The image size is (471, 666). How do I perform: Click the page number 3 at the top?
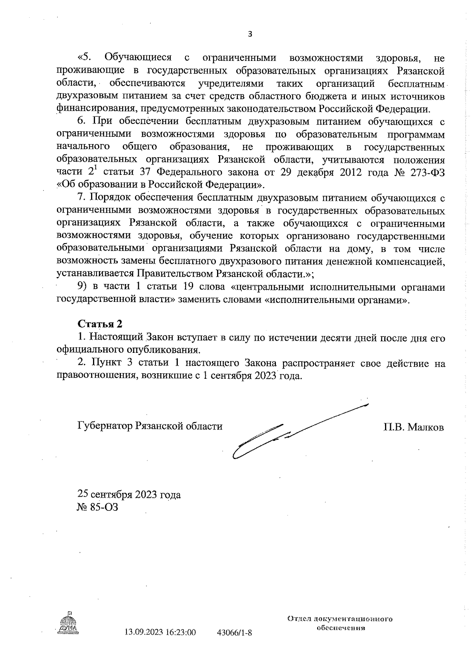(x=250, y=34)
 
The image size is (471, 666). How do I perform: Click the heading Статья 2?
(x=100, y=324)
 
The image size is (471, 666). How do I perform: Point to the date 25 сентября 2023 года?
(x=129, y=494)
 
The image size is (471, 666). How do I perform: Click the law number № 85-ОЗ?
(x=98, y=507)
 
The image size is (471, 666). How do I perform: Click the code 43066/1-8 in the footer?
(x=234, y=633)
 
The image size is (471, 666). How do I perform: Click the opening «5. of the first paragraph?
(x=84, y=58)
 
